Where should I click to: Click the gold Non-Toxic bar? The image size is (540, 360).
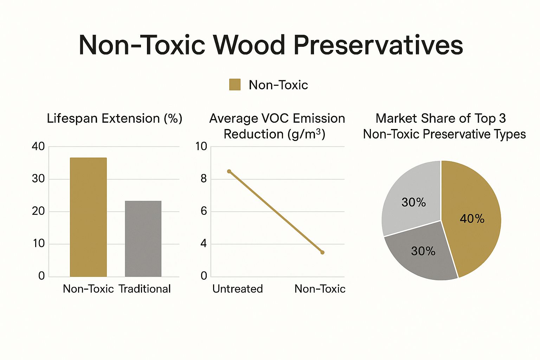point(88,217)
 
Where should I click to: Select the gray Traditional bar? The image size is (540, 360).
point(143,239)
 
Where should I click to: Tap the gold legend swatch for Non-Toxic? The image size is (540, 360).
point(234,85)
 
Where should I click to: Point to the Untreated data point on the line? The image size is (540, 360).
point(229,171)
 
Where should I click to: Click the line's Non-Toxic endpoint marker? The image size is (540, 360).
point(322,252)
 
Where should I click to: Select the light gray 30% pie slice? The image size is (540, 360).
point(413,200)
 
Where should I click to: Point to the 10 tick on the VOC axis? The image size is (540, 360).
point(201,147)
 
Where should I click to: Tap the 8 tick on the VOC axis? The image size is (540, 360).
point(204,179)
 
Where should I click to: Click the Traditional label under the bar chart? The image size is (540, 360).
point(144,289)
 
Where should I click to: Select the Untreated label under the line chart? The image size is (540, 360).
point(238,289)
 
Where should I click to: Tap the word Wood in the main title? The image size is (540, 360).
point(249,45)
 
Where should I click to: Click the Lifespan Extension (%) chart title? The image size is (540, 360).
point(115,118)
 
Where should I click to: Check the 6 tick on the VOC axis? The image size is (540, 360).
point(204,211)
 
